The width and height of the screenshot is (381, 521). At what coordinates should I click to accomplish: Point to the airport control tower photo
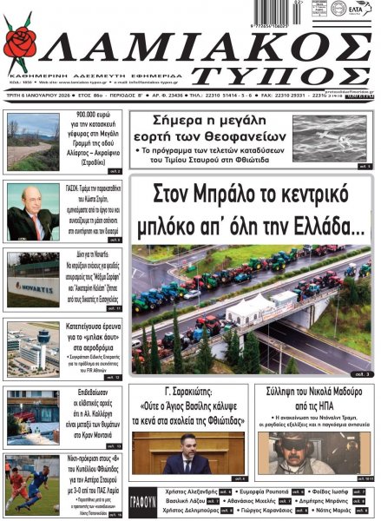point(33,346)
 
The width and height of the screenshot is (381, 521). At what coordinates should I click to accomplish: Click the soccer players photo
point(33,479)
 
